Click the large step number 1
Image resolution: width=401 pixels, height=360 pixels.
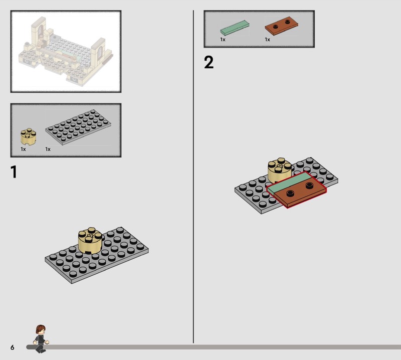(x=14, y=171)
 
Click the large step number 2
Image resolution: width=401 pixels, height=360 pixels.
(x=209, y=63)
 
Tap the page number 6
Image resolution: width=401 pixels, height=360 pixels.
(x=12, y=347)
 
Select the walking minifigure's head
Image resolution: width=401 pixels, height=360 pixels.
(x=41, y=329)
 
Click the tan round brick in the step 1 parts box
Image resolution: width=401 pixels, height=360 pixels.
(x=28, y=136)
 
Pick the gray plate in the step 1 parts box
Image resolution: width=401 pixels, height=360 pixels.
(x=78, y=127)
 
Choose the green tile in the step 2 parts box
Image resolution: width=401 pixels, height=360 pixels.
(x=235, y=28)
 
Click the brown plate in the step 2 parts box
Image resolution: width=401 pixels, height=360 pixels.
(x=281, y=27)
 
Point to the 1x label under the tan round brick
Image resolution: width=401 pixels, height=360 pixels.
(x=23, y=149)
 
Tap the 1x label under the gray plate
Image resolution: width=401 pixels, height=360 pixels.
(x=48, y=149)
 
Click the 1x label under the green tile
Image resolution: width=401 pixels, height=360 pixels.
(x=223, y=40)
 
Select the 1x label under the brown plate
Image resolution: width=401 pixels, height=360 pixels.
(x=267, y=40)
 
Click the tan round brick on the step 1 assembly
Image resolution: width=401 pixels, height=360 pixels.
(x=90, y=241)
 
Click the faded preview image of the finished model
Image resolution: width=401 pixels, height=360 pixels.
(x=66, y=52)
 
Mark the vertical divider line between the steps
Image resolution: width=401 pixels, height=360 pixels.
(x=193, y=176)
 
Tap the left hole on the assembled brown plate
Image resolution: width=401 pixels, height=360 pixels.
(x=290, y=193)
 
